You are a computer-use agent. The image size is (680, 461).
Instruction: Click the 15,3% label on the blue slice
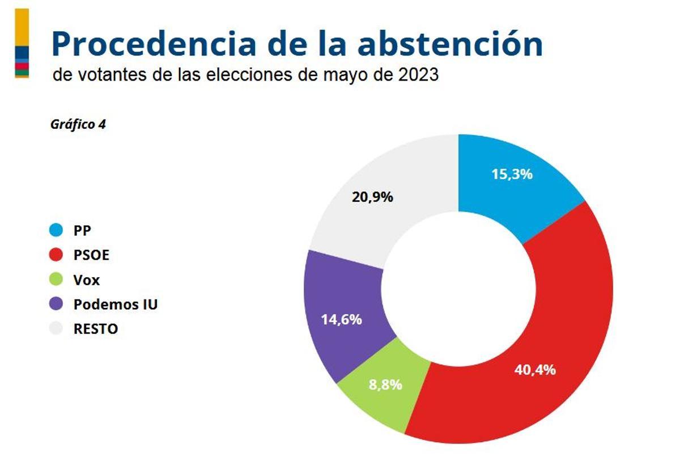(x=512, y=174)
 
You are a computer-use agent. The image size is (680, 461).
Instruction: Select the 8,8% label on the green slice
(x=385, y=384)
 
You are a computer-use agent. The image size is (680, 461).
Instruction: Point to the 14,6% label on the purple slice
(x=341, y=319)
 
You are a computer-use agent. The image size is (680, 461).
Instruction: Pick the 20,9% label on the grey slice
(x=372, y=197)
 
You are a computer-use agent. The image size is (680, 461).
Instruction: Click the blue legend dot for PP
(x=56, y=231)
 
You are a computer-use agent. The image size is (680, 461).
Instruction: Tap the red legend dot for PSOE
(x=56, y=255)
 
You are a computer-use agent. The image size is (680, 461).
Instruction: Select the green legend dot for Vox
(x=56, y=280)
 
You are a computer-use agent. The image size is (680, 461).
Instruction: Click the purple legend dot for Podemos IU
(x=56, y=304)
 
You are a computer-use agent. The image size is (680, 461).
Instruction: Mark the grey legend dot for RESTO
(x=56, y=329)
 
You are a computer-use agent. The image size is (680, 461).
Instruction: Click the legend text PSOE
(x=91, y=255)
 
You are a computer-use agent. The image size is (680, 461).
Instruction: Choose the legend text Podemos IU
(x=116, y=304)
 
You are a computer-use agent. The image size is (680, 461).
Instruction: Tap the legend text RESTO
(x=96, y=329)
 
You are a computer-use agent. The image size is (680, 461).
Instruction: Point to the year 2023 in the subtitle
(x=418, y=75)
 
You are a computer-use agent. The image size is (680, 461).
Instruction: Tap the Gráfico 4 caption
(x=78, y=125)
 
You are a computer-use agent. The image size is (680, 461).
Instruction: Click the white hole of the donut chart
(x=458, y=289)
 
